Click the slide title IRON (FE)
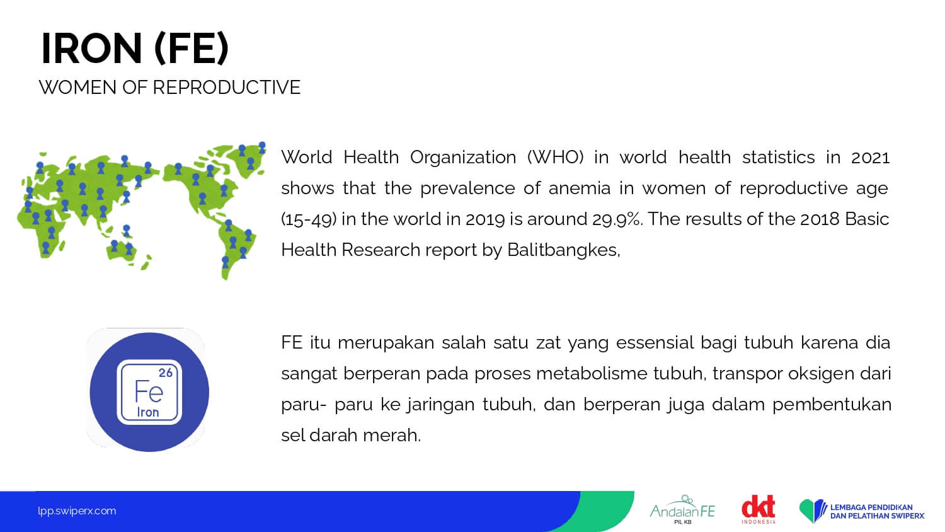(135, 49)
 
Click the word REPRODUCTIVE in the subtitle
(227, 88)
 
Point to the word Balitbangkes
(563, 250)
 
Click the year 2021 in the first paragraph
(870, 158)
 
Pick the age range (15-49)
(309, 219)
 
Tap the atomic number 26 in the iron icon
(165, 373)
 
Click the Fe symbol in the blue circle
(149, 391)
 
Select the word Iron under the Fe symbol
(147, 412)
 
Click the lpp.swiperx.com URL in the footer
(77, 511)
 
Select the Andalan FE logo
(682, 509)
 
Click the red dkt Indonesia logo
(759, 509)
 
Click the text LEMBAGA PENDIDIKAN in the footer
(871, 507)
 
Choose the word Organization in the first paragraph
(463, 158)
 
